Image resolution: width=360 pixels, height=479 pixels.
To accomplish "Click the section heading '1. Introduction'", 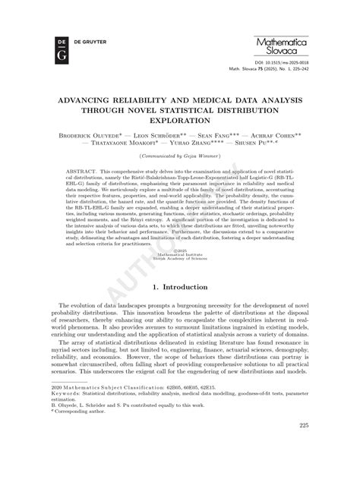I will click(180, 310).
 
